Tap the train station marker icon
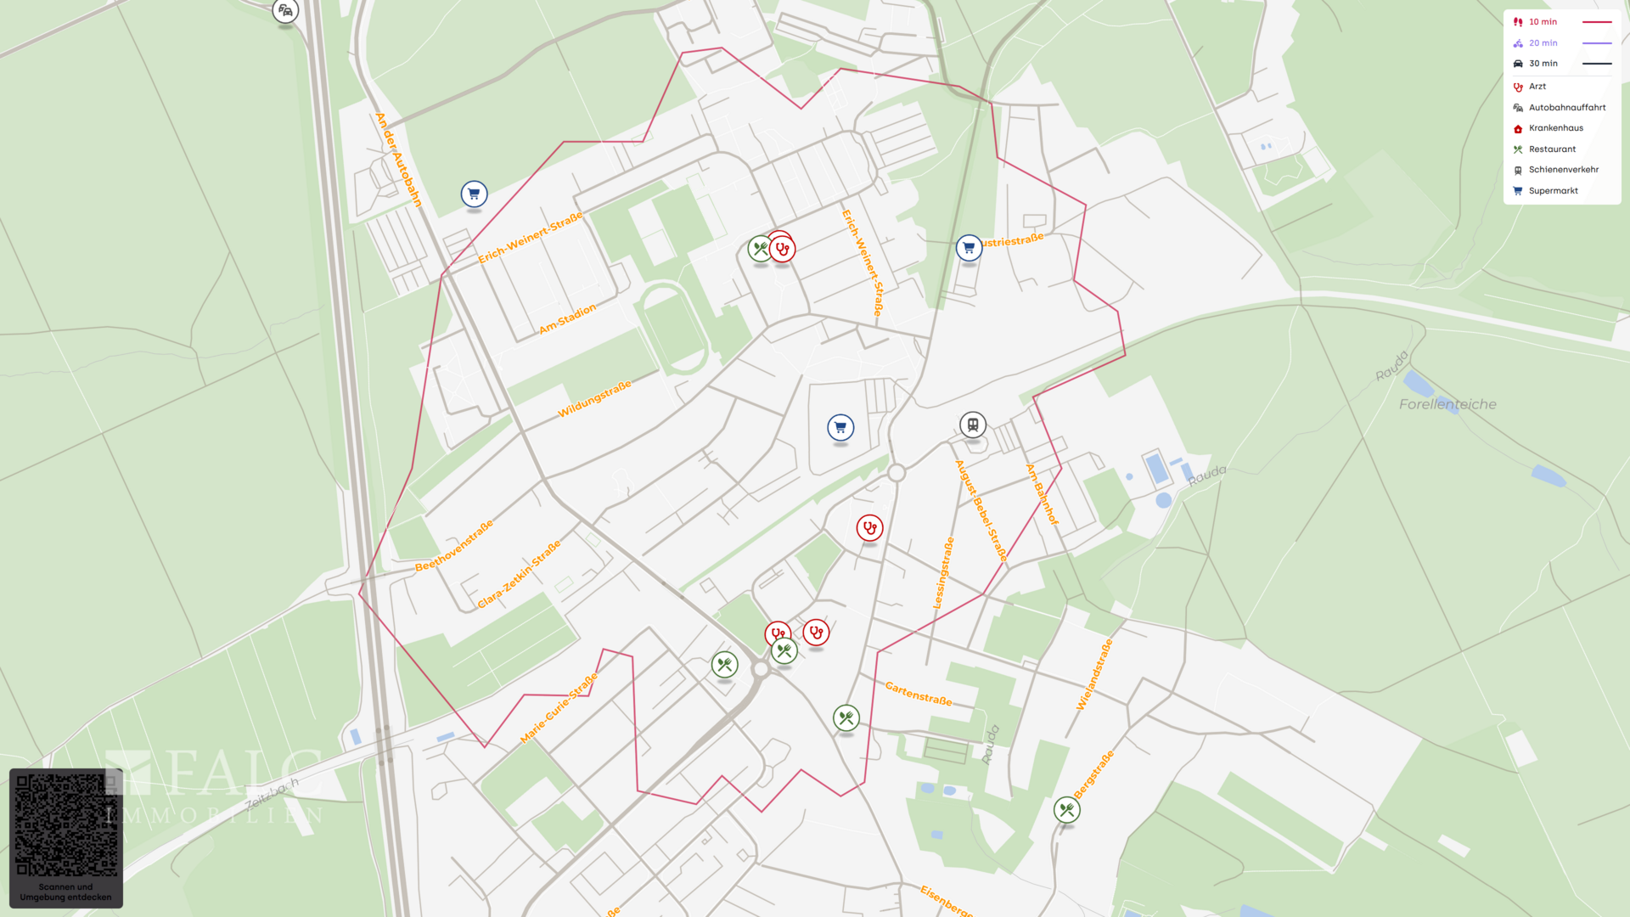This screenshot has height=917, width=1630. (x=973, y=425)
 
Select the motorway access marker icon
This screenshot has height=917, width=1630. (x=285, y=12)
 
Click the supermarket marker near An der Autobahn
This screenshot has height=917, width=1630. (x=474, y=194)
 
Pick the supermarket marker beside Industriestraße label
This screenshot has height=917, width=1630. (x=969, y=248)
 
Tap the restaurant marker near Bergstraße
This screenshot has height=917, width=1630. (x=1066, y=810)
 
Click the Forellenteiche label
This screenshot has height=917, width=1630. (x=1447, y=404)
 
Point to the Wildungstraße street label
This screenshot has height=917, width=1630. (x=594, y=399)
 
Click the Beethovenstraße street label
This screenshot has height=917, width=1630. (x=454, y=546)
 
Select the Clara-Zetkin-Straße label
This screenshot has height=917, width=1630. (x=519, y=575)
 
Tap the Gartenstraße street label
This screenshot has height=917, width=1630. (x=919, y=694)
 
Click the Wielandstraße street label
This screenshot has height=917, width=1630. (x=1094, y=675)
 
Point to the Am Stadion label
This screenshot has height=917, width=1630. (x=567, y=319)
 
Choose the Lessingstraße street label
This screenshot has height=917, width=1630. (x=943, y=573)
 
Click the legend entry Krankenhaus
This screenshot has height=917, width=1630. (x=1555, y=128)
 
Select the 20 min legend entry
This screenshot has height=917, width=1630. (x=1543, y=43)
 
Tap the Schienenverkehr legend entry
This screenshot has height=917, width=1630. (x=1563, y=170)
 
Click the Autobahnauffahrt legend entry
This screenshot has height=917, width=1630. (x=1566, y=108)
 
